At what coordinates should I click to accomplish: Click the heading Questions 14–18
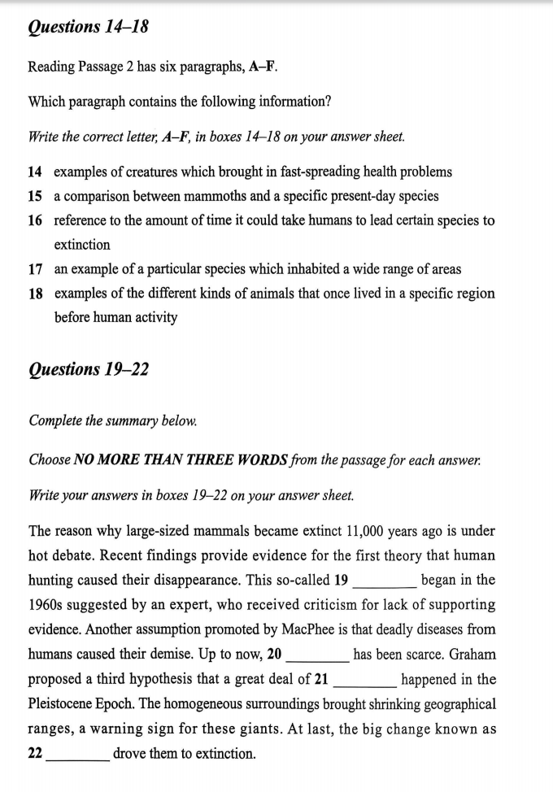[x=88, y=27]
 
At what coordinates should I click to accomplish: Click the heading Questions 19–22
[x=88, y=369]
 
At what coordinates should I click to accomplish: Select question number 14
[x=35, y=172]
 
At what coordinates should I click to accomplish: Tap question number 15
[x=35, y=196]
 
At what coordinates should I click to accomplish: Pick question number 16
[x=35, y=220]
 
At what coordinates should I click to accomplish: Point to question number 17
[x=35, y=268]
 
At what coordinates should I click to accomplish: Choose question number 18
[x=35, y=293]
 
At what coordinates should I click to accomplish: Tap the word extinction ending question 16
[x=82, y=245]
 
